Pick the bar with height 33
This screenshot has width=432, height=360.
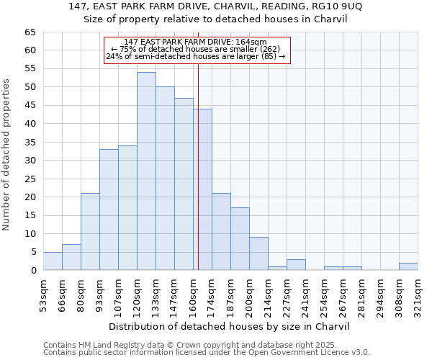pyautogui.click(x=109, y=210)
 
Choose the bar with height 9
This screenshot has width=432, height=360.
pyautogui.click(x=258, y=253)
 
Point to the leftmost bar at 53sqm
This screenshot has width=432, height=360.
pyautogui.click(x=53, y=261)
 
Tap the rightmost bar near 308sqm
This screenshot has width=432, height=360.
pyautogui.click(x=408, y=266)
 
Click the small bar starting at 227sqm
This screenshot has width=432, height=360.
pyautogui.click(x=296, y=265)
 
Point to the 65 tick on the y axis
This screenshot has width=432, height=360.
pyautogui.click(x=30, y=32)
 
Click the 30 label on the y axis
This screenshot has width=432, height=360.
pyautogui.click(x=30, y=161)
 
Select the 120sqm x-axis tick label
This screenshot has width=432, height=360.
pyautogui.click(x=137, y=292)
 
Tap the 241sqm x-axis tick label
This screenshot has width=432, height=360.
pyautogui.click(x=305, y=292)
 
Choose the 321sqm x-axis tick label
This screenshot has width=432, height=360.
pyautogui.click(x=418, y=292)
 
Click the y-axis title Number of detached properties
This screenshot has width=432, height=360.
pyautogui.click(x=7, y=151)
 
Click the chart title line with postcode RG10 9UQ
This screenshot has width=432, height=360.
pyautogui.click(x=216, y=6)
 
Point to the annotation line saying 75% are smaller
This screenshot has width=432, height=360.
pyautogui.click(x=197, y=49)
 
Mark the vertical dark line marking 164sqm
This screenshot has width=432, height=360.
pyautogui.click(x=198, y=166)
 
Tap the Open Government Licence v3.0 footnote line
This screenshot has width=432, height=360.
pyautogui.click(x=207, y=353)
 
